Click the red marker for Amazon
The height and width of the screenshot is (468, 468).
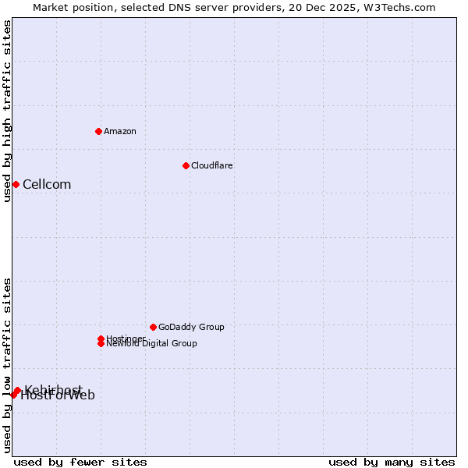pyautogui.click(x=98, y=131)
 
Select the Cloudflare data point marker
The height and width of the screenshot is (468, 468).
pyautogui.click(x=186, y=165)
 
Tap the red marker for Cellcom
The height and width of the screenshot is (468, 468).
pyautogui.click(x=16, y=184)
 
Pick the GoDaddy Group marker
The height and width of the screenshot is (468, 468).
pyautogui.click(x=153, y=327)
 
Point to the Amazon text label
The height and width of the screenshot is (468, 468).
pyautogui.click(x=120, y=131)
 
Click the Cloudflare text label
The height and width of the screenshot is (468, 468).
pyautogui.click(x=212, y=165)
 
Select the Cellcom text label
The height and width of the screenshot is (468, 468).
pyautogui.click(x=47, y=185)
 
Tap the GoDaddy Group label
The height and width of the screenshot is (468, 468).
pyautogui.click(x=191, y=327)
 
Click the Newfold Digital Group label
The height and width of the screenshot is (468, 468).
pyautogui.click(x=152, y=344)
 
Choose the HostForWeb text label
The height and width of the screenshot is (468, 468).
pyautogui.click(x=58, y=395)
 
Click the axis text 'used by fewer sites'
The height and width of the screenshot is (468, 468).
pyautogui.click(x=80, y=462)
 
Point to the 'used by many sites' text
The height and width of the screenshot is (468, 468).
pyautogui.click(x=392, y=462)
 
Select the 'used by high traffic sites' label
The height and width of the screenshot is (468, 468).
pyautogui.click(x=7, y=111)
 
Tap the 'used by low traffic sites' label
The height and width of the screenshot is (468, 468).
pyautogui.click(x=7, y=365)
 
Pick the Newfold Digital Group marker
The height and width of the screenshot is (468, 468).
pyautogui.click(x=101, y=343)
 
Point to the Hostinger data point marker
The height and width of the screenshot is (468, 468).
pyautogui.click(x=101, y=339)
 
